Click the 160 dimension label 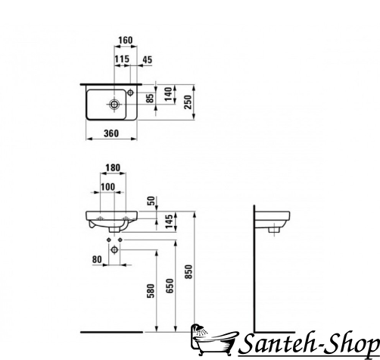click(x=126, y=40)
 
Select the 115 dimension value click(x=122, y=59)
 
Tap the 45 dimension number click(x=148, y=60)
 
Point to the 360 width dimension click(x=111, y=133)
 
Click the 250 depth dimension click(x=188, y=102)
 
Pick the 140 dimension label click(x=168, y=94)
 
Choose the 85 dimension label click(x=150, y=99)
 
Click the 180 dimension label click(x=113, y=167)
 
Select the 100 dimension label click(x=107, y=187)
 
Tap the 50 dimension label click(x=151, y=201)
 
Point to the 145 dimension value click(x=169, y=221)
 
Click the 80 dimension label click(x=97, y=259)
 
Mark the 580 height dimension click(x=151, y=291)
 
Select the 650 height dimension click(x=170, y=286)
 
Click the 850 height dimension click(x=188, y=271)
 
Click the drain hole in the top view click(x=114, y=104)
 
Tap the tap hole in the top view click(x=130, y=92)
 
